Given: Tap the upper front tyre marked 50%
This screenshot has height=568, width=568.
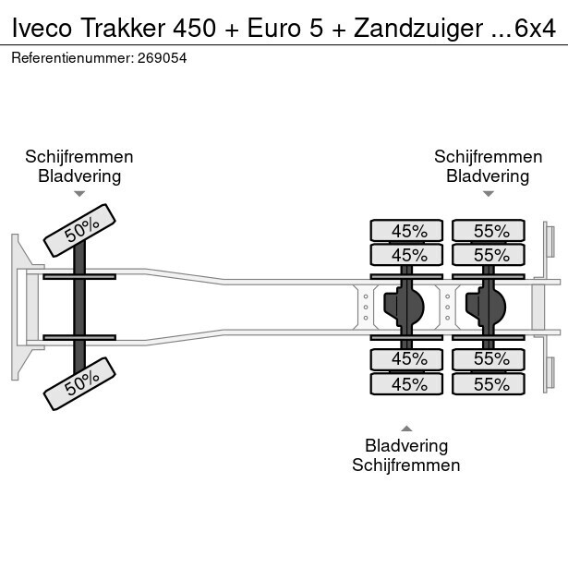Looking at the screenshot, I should [81, 230].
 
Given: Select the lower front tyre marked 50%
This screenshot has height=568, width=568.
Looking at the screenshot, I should [81, 383].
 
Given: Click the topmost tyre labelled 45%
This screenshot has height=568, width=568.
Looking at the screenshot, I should [407, 231].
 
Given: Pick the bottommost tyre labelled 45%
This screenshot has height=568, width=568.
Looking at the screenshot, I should [407, 383].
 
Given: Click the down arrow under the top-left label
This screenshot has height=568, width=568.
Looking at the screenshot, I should [79, 194].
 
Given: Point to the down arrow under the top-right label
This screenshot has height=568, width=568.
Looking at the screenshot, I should [488, 194].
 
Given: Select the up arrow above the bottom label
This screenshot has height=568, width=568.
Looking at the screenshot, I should [405, 428].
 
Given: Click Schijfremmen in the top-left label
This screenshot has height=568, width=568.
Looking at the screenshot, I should [79, 157].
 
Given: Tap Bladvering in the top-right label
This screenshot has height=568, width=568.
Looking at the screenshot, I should [488, 176].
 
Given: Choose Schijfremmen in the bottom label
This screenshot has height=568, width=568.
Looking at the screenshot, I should [405, 465].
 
